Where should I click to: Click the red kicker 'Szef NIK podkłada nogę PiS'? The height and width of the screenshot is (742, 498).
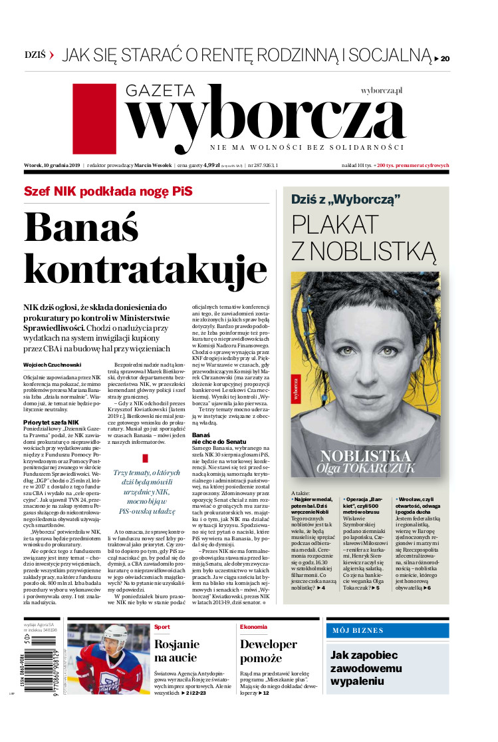[108, 191]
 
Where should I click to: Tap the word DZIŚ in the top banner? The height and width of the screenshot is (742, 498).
[35, 55]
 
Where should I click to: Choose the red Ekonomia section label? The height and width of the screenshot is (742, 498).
[254, 627]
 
